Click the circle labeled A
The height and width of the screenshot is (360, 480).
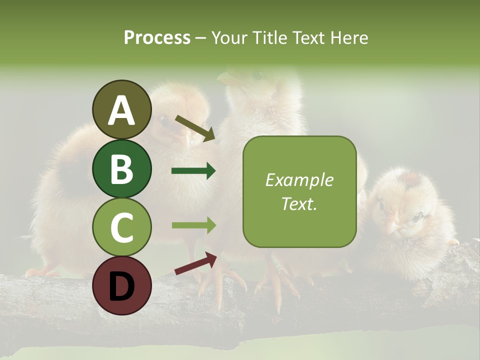click(x=121, y=110)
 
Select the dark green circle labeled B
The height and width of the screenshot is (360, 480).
click(x=121, y=168)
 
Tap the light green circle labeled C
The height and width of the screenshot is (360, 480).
click(x=121, y=227)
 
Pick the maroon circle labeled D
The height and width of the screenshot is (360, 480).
click(x=121, y=285)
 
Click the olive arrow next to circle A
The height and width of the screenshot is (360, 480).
click(x=195, y=128)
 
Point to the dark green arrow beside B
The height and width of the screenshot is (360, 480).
click(x=193, y=171)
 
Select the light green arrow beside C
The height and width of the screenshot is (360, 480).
click(x=193, y=225)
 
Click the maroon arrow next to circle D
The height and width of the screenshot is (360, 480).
click(x=195, y=264)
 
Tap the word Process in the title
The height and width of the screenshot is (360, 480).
click(x=157, y=38)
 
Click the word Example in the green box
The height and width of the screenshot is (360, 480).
click(x=299, y=180)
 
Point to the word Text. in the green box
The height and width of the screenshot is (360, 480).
click(x=299, y=203)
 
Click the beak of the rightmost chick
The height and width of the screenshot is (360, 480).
click(x=394, y=227)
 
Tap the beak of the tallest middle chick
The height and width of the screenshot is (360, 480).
click(x=227, y=78)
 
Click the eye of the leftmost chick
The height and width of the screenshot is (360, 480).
click(x=163, y=120)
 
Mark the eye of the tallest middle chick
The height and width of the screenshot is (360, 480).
click(x=257, y=76)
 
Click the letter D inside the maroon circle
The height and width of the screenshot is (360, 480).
click(x=121, y=285)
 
